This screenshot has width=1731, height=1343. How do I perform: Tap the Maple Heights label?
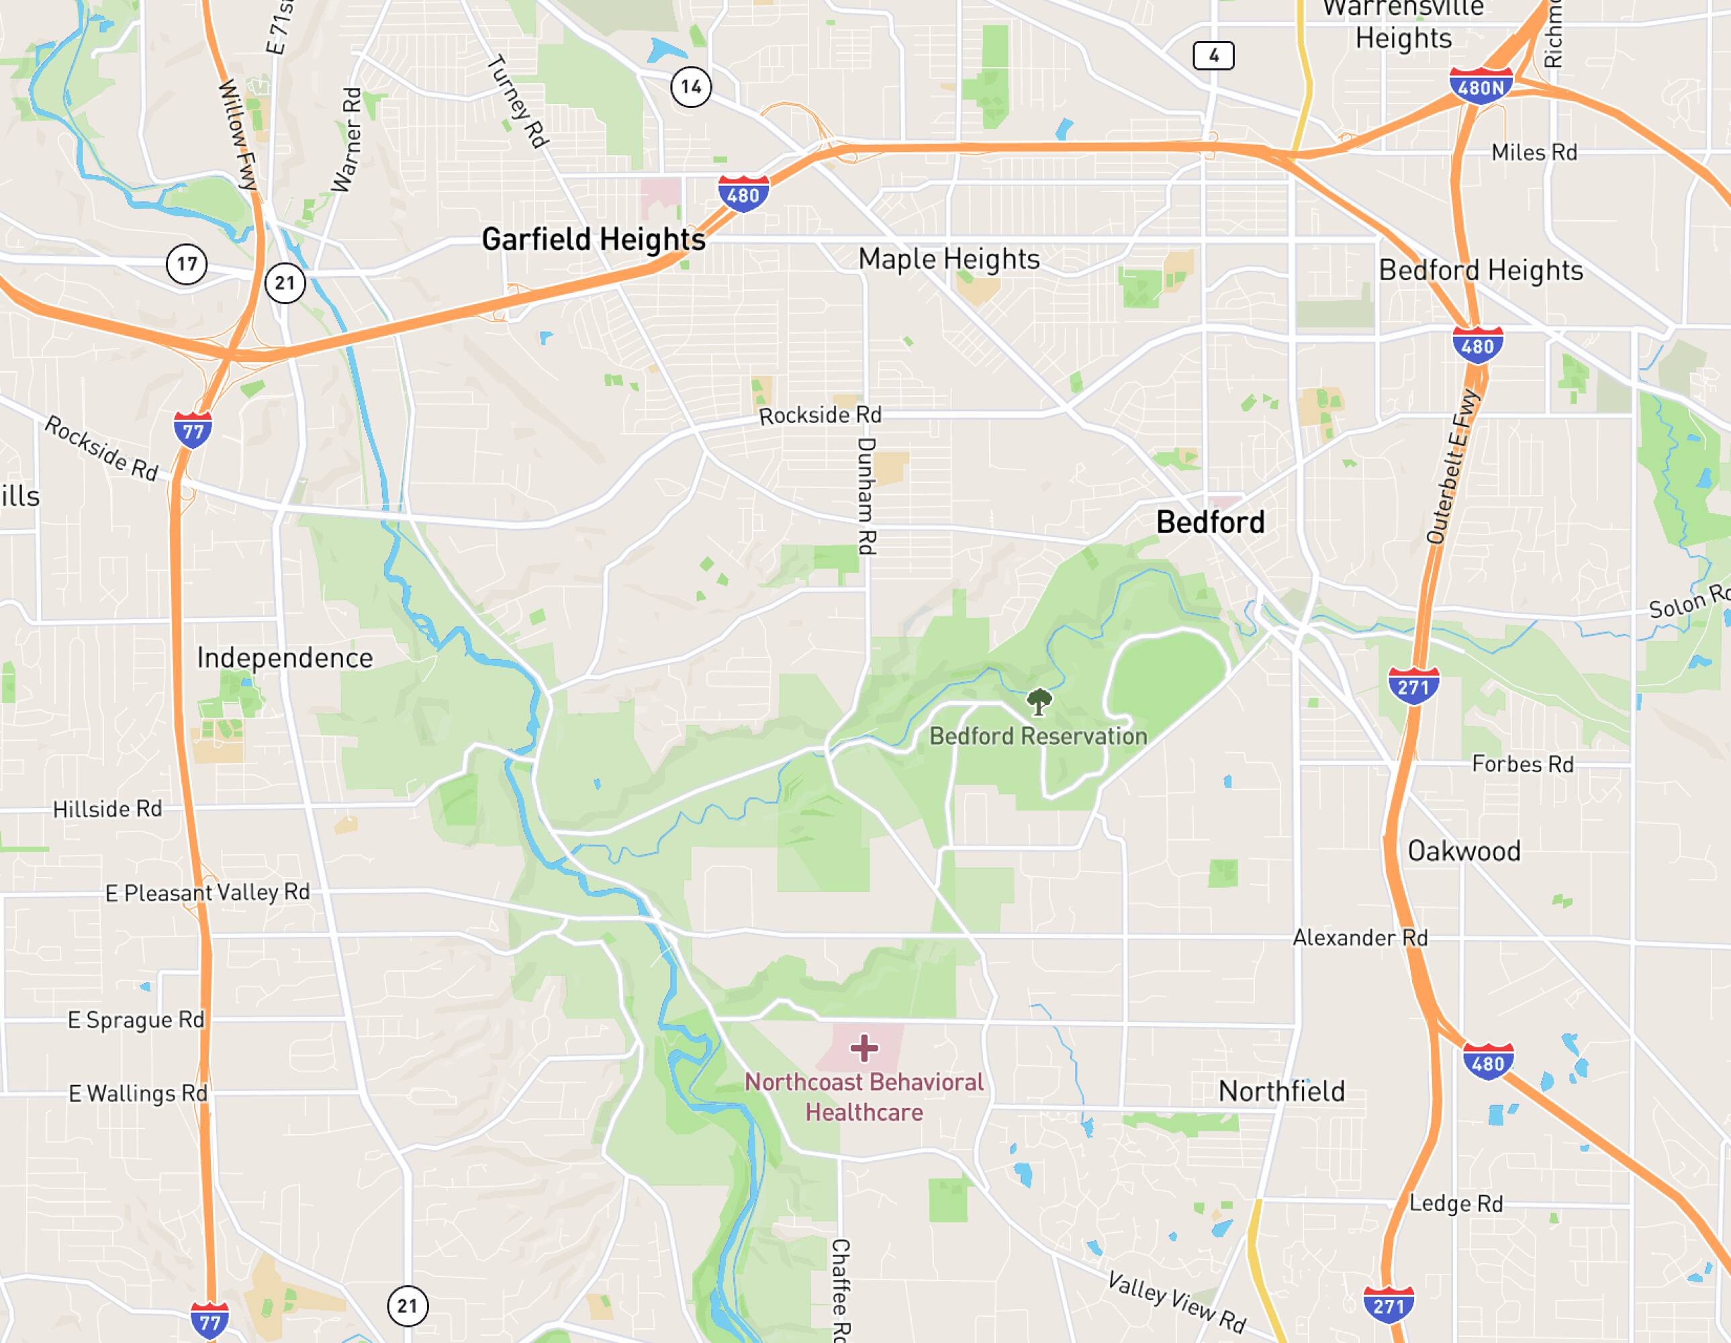click(949, 259)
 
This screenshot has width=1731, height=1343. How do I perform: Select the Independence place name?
click(285, 658)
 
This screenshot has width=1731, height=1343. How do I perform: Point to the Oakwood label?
click(1464, 851)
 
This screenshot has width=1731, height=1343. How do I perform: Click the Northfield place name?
click(1281, 1092)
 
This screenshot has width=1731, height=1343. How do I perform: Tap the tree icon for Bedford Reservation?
click(1038, 702)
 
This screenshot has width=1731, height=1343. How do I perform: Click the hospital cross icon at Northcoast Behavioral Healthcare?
click(864, 1048)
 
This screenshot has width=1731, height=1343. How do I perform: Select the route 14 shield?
click(691, 87)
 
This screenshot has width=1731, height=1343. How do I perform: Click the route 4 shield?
click(1213, 56)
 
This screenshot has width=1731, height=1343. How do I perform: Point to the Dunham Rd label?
click(866, 496)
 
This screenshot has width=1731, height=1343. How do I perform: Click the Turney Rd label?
click(518, 101)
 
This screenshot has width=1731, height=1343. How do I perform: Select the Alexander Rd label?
click(1360, 938)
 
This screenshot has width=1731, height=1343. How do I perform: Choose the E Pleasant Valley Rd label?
click(207, 892)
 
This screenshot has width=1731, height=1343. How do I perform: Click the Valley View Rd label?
click(1177, 1301)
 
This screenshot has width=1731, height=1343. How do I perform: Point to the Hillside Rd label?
click(108, 809)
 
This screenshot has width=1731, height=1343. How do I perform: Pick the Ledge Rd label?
click(1456, 1204)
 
